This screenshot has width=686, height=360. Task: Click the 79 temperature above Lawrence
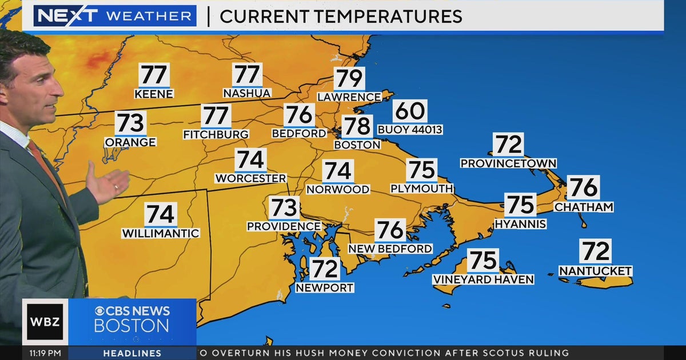click(x=349, y=79)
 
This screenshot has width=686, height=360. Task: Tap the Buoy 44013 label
click(x=410, y=130)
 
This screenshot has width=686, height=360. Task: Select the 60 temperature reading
click(x=410, y=111)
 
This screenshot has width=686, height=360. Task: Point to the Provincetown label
click(x=508, y=163)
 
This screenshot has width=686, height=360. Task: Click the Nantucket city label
click(x=595, y=271)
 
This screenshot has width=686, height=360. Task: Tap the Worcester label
click(x=250, y=178)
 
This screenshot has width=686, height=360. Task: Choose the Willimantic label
click(x=161, y=233)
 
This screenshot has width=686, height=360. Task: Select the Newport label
click(x=325, y=288)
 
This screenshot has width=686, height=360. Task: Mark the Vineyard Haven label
click(x=483, y=279)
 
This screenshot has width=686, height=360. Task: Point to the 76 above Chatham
click(x=584, y=187)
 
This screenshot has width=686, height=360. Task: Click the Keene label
click(x=154, y=94)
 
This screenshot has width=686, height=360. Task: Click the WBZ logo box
click(x=45, y=322)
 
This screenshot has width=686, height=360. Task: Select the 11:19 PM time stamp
click(x=45, y=353)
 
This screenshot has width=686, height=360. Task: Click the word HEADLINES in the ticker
click(x=124, y=353)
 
